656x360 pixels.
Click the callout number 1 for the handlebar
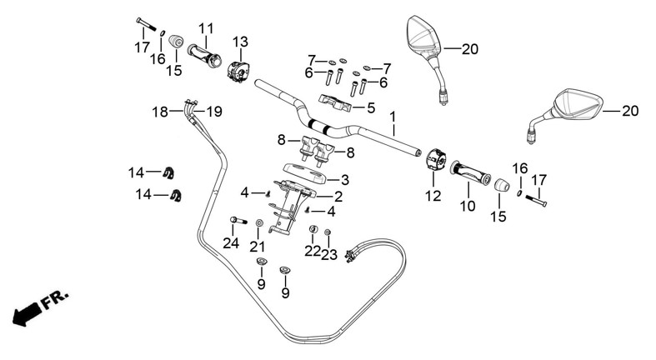point(392,117)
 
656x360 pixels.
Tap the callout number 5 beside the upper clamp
point(371,107)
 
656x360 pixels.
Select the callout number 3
point(344,179)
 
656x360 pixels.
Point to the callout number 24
point(231,243)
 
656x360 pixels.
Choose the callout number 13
point(240,42)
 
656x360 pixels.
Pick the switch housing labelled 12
point(437,158)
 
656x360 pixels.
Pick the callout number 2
point(338,197)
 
